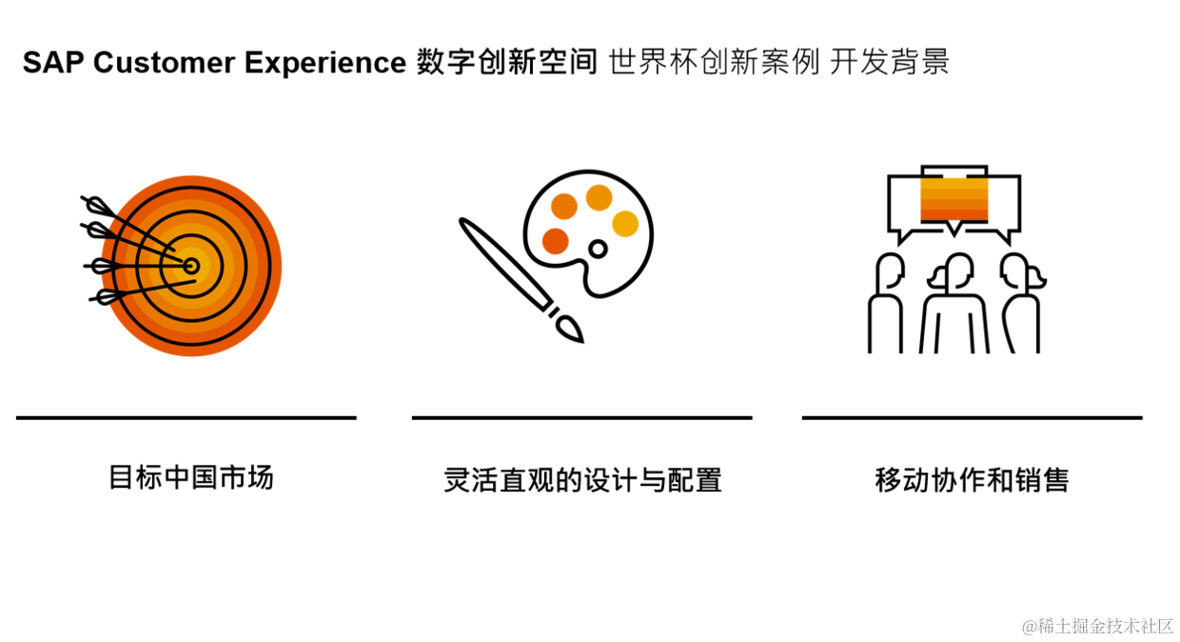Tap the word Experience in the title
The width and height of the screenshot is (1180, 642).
click(x=325, y=63)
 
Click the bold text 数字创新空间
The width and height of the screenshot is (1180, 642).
click(x=507, y=63)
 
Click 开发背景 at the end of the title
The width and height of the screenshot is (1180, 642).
click(x=889, y=63)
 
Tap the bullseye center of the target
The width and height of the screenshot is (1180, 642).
click(x=191, y=266)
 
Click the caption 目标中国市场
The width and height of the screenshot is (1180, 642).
click(x=191, y=477)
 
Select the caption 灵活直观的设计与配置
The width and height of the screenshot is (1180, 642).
click(x=582, y=479)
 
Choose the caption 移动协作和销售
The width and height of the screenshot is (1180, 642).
click(x=972, y=479)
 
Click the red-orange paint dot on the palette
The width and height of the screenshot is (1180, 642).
click(x=555, y=241)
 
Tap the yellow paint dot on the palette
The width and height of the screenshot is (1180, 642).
click(x=625, y=223)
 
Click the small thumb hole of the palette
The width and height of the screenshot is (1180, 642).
click(x=598, y=250)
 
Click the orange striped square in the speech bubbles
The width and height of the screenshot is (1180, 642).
click(x=954, y=199)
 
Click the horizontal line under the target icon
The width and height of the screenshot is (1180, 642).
click(x=186, y=417)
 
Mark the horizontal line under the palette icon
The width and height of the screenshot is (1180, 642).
click(x=581, y=417)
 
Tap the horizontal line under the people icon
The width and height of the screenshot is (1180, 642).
click(x=972, y=417)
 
